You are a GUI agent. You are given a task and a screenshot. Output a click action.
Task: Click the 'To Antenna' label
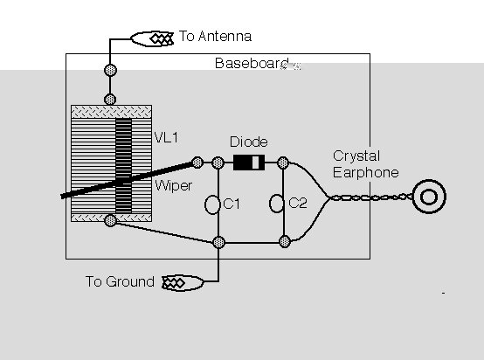click(x=215, y=36)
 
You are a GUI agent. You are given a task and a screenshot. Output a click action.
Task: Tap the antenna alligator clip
click(x=152, y=39)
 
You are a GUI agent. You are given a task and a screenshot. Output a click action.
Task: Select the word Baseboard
click(x=252, y=63)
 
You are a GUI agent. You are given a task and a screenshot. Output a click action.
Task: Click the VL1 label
click(x=166, y=137)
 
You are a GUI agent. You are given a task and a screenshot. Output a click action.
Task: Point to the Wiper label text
click(x=174, y=185)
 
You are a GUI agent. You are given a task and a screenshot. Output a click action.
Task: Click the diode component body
click(x=249, y=163)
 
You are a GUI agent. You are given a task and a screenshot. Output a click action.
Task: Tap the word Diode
click(x=249, y=142)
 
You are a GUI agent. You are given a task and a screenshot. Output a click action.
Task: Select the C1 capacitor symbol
click(x=212, y=204)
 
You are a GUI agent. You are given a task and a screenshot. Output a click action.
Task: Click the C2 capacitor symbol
click(x=277, y=204)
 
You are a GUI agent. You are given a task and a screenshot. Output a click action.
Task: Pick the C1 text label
click(x=232, y=204)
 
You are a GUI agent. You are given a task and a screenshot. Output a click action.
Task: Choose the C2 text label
click(x=298, y=204)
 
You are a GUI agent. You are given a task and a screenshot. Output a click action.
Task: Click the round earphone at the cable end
click(x=429, y=197)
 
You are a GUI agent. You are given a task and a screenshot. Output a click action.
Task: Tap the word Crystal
click(x=356, y=156)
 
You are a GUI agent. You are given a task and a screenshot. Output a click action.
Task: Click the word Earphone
click(x=366, y=172)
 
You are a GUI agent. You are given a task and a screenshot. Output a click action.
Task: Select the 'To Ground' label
click(x=120, y=281)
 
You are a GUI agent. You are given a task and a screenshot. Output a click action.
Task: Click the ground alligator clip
click(x=183, y=282)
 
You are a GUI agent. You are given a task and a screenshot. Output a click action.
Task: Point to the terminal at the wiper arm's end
click(x=197, y=163)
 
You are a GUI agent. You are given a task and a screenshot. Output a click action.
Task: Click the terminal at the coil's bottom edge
click(x=110, y=220)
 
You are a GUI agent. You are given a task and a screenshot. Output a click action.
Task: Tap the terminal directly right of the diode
click(x=283, y=163)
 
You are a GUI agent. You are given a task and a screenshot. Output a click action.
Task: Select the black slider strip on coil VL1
click(x=123, y=165)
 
